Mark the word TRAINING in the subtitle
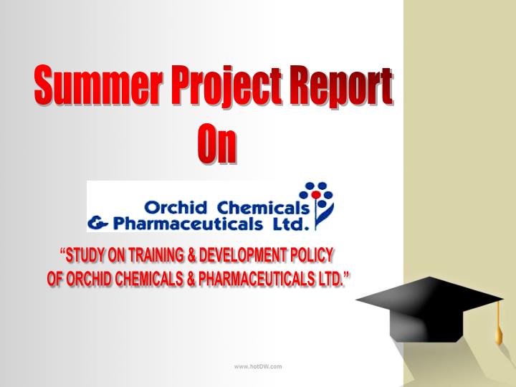pos(156,256)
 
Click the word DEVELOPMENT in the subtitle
pos(245,256)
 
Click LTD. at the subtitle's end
pos(330,278)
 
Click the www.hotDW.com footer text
pos(258,366)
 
